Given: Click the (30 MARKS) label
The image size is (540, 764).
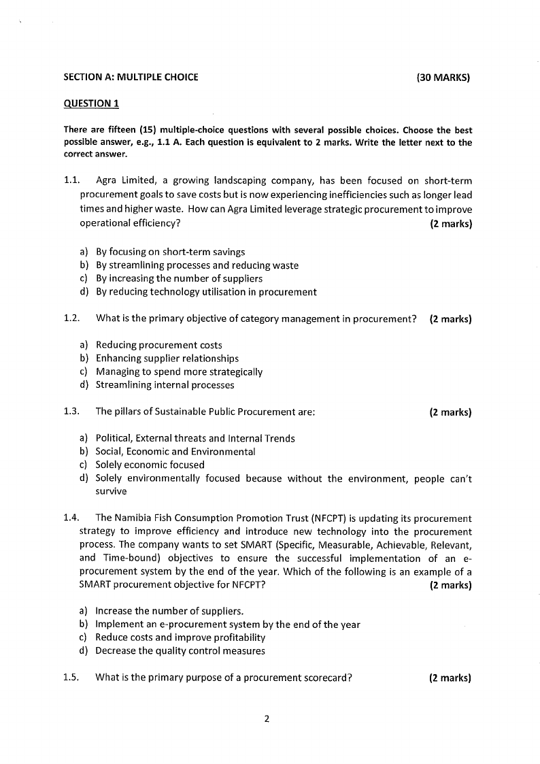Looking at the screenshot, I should pyautogui.click(x=443, y=78).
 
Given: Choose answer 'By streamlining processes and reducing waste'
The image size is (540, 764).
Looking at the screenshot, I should pyautogui.click(x=197, y=265).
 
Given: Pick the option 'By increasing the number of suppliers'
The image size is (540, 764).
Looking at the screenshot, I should pyautogui.click(x=179, y=278).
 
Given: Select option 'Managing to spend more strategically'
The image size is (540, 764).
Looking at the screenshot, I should pyautogui.click(x=179, y=372).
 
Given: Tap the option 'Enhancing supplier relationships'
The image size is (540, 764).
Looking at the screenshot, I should pyautogui.click(x=167, y=359).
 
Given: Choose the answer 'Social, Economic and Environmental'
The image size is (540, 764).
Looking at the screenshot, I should pyautogui.click(x=175, y=452).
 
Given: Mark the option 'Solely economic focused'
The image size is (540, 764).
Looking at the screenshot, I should pyautogui.click(x=150, y=465).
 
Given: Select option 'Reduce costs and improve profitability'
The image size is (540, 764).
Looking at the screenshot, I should pyautogui.click(x=180, y=637).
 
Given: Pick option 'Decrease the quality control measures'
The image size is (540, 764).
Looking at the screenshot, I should pyautogui.click(x=180, y=651).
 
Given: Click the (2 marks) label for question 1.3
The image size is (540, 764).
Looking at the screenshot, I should pyautogui.click(x=450, y=412).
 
